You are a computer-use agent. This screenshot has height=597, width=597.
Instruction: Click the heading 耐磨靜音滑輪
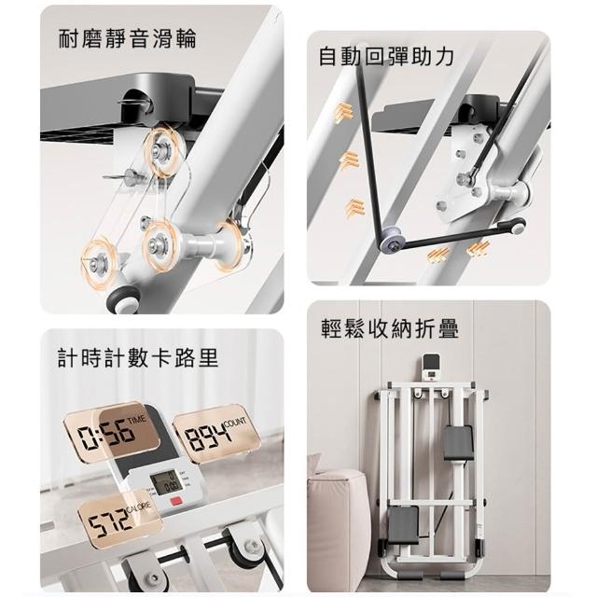pyautogui.click(x=128, y=38)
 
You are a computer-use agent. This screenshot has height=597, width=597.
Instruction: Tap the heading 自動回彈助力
pyautogui.click(x=386, y=56)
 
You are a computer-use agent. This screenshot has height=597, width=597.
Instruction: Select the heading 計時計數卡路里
pyautogui.click(x=138, y=358)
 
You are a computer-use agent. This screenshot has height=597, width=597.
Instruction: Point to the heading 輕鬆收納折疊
pyautogui.click(x=390, y=328)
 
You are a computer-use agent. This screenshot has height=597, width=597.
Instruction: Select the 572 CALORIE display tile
pyautogui.click(x=120, y=517)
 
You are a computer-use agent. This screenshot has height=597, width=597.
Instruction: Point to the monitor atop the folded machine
pyautogui.click(x=431, y=367)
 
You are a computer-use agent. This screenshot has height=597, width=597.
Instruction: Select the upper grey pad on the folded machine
pyautogui.click(x=458, y=443)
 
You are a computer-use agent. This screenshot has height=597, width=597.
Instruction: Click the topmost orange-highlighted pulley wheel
pyautogui.click(x=164, y=148)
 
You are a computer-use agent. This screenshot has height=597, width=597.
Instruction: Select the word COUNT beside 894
pyautogui.click(x=235, y=422)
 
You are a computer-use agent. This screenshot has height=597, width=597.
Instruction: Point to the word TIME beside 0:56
pyautogui.click(x=137, y=419)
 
